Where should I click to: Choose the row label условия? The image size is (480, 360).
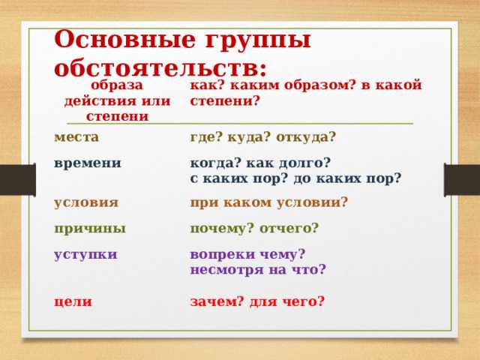[x=86, y=202]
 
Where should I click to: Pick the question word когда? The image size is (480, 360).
[x=217, y=163]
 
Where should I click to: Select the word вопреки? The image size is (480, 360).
[x=222, y=253]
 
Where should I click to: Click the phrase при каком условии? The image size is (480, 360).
[x=268, y=202]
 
